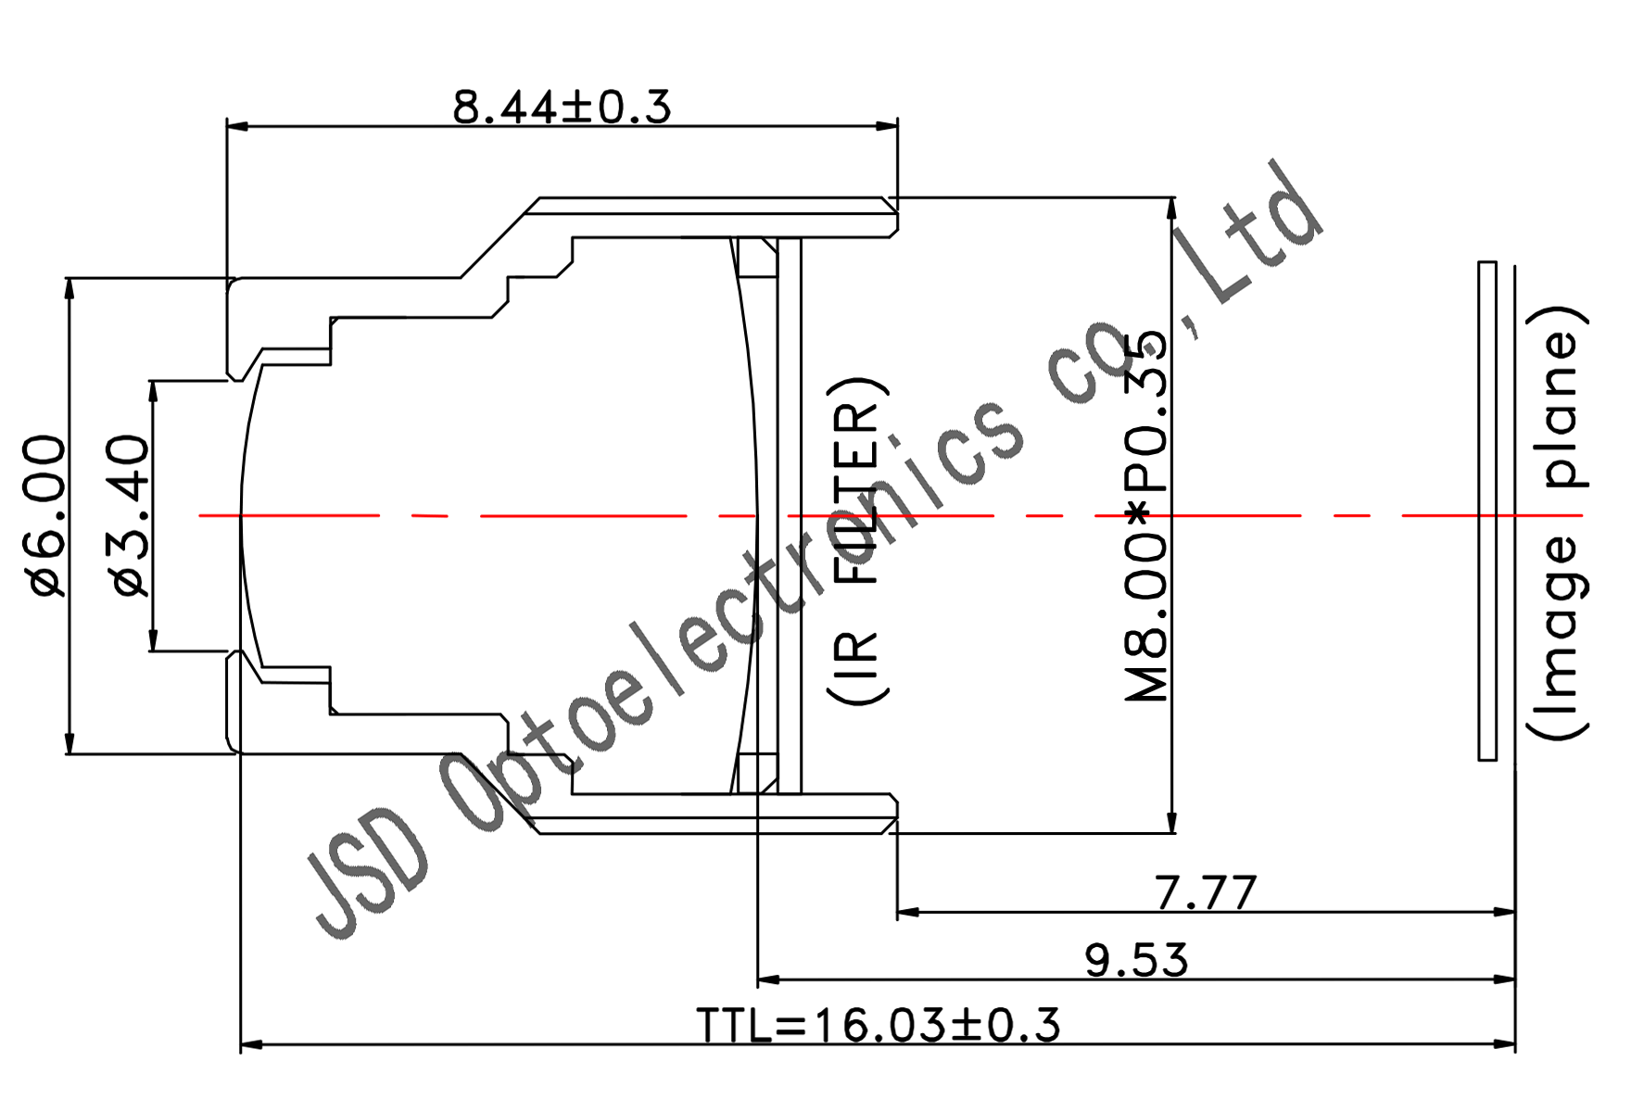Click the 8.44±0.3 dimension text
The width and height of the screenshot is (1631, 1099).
(562, 107)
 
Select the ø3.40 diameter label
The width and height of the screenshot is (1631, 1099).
(130, 516)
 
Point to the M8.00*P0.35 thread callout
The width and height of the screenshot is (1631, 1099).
(1146, 516)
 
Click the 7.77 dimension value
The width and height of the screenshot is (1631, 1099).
(1206, 892)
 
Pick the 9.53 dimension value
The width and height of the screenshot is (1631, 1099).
(1137, 960)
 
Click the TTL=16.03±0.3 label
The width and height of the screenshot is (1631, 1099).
(879, 1026)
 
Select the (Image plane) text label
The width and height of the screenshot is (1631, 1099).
(1558, 522)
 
